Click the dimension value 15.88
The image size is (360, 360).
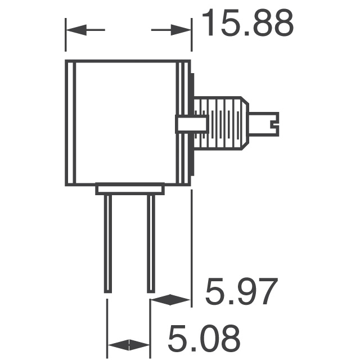(x=247, y=24)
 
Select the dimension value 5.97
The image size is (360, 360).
(x=241, y=293)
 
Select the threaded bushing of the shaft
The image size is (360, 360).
(x=222, y=123)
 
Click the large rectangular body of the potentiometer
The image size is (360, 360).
(x=127, y=123)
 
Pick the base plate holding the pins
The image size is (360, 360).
(x=129, y=189)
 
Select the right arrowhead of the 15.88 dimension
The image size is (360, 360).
(x=183, y=30)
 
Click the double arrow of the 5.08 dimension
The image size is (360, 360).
(x=128, y=345)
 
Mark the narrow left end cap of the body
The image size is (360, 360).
(x=70, y=123)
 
